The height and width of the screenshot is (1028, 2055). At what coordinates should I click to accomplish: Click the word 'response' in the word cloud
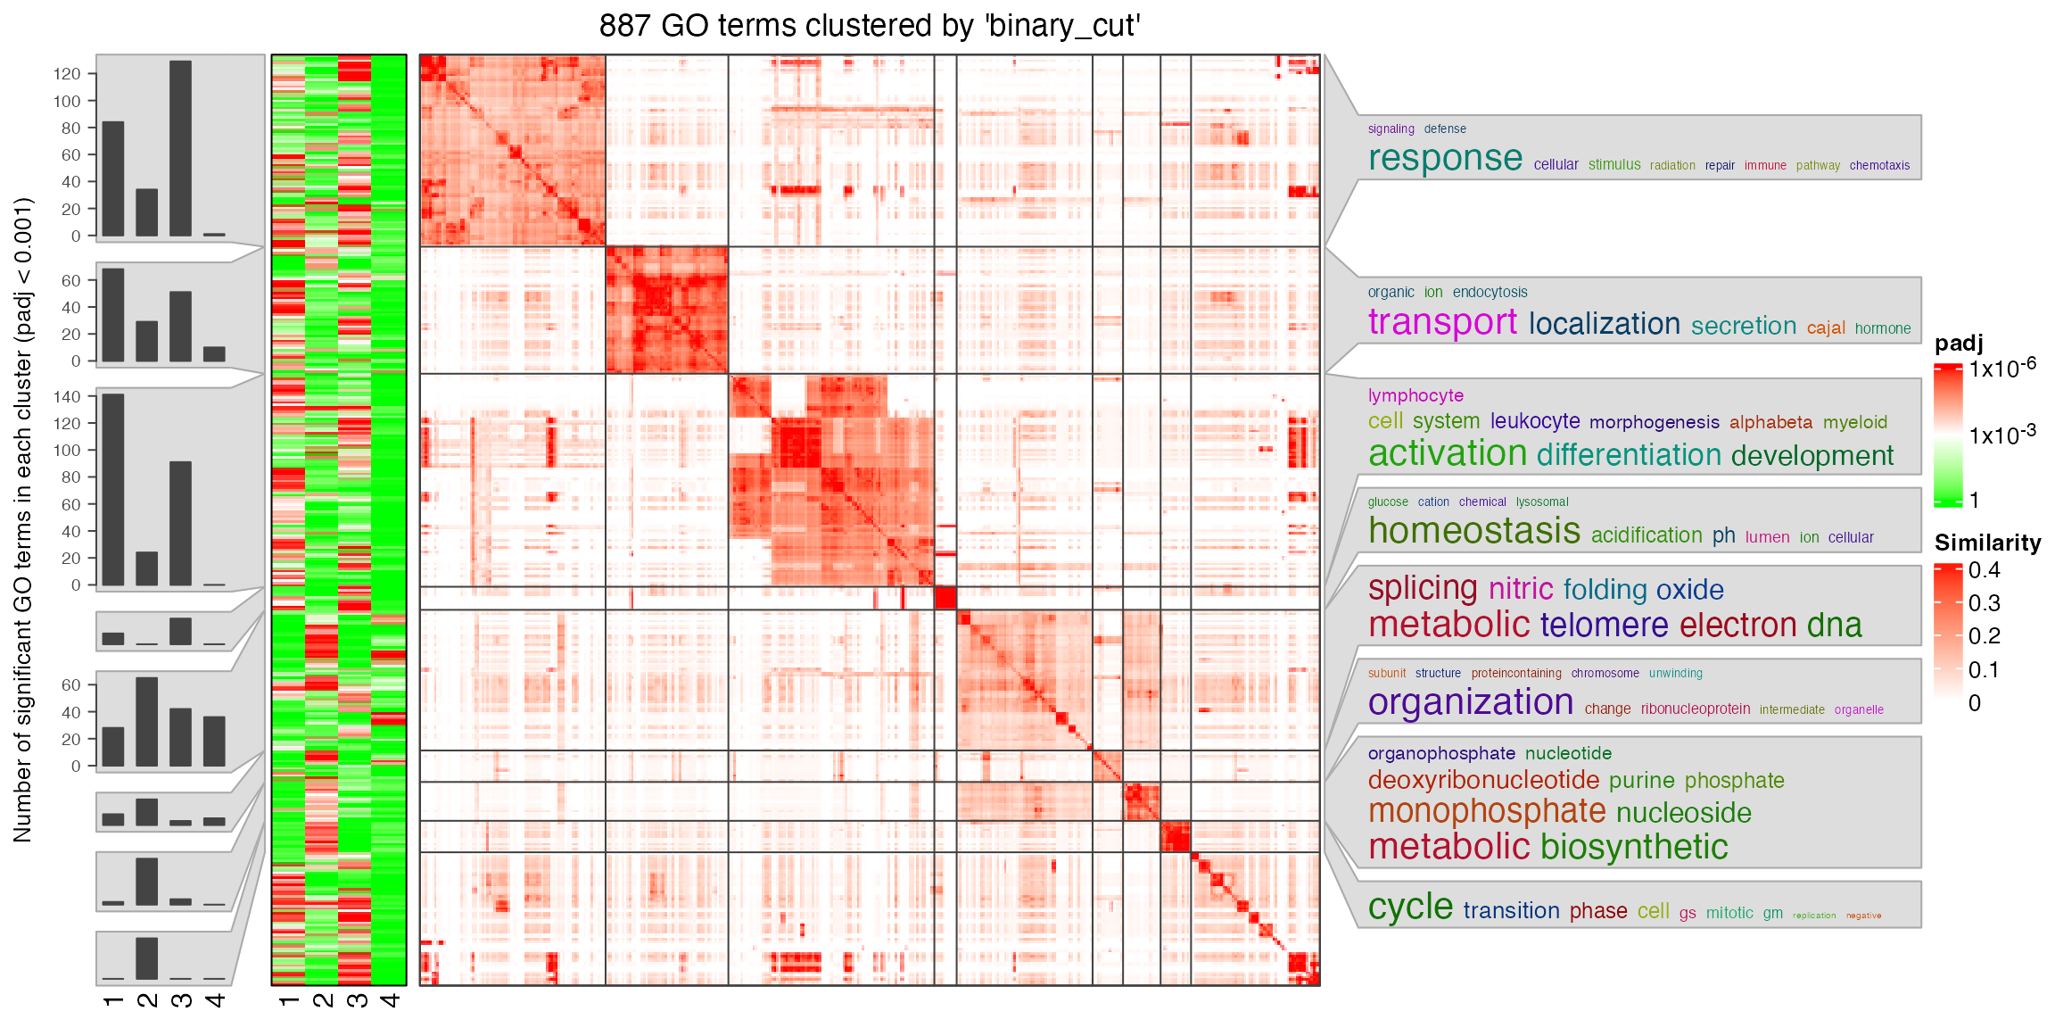pos(1445,159)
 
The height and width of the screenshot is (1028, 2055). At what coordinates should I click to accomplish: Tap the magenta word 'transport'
pos(1442,322)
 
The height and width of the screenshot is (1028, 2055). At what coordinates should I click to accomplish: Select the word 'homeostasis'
pos(1473,532)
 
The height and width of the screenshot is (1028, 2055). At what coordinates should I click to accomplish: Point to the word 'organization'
pos(1470,702)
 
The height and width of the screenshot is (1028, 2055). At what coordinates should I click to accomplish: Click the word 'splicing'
pos(1423,588)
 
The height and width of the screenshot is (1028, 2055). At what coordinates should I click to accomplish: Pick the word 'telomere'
pos(1604,625)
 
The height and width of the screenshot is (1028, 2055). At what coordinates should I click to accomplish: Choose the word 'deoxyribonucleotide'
pos(1483,780)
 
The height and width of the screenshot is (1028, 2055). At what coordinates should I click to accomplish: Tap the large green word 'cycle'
pos(1410,908)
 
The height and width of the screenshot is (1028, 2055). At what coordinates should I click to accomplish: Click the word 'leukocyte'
pos(1534,421)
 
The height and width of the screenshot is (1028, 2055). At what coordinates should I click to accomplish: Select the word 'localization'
pos(1604,324)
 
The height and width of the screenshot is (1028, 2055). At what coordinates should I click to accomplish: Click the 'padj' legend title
pos(1959,344)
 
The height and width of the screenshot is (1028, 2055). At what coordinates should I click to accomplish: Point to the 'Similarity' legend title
pos(1987,543)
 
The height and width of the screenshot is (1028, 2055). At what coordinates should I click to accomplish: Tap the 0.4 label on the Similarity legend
pos(1984,570)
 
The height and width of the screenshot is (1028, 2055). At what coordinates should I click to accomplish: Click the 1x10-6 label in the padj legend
pos(2002,368)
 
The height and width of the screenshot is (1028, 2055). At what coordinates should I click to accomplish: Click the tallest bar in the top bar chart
pos(180,148)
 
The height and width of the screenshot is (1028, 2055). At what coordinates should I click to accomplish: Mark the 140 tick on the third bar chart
pos(67,396)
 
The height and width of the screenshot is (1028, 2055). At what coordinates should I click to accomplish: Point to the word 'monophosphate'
pos(1487,811)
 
